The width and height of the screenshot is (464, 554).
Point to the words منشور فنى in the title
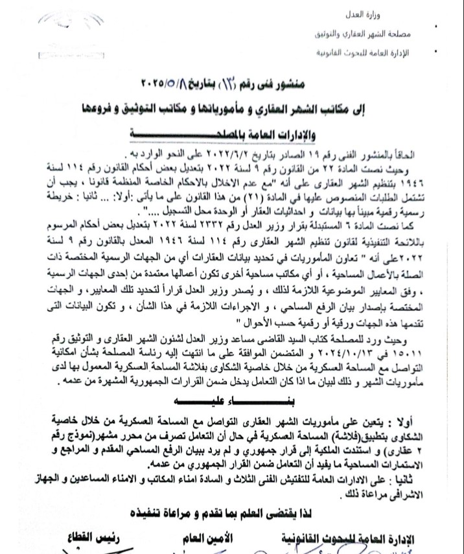[x=290, y=85]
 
